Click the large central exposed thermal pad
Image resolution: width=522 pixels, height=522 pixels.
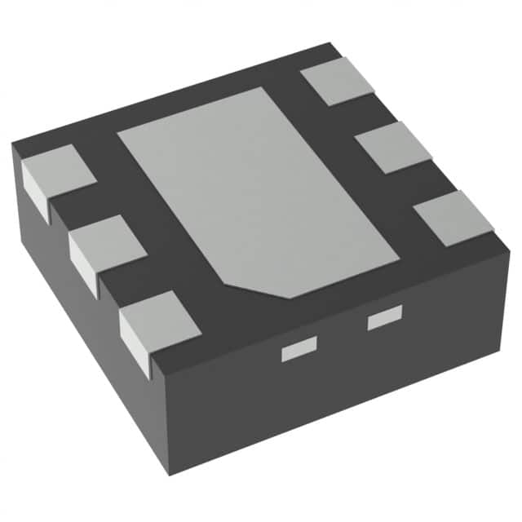click(253, 188)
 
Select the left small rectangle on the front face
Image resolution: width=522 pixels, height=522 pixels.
click(298, 352)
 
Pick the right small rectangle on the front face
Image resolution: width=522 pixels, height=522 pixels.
click(385, 319)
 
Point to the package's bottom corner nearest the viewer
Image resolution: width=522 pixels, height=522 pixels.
click(169, 474)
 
